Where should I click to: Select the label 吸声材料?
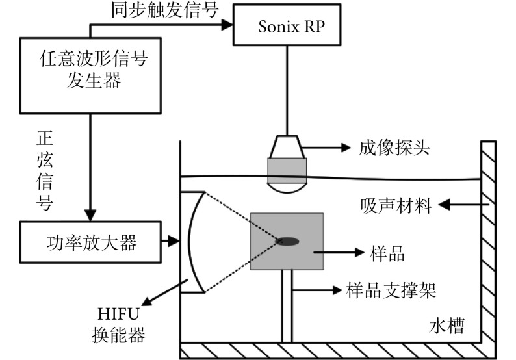tap(396, 205)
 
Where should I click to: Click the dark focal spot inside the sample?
tap(288, 242)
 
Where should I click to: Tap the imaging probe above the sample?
tap(287, 168)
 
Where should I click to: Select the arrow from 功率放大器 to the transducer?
tap(172, 242)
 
